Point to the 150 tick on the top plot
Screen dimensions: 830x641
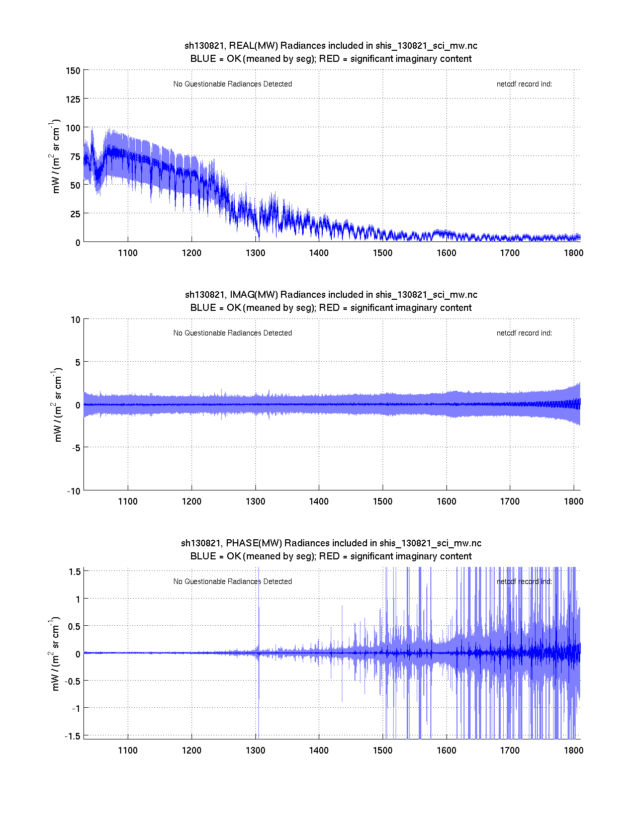(x=73, y=71)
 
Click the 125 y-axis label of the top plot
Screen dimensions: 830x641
(x=73, y=99)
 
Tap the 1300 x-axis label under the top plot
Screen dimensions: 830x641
(x=255, y=253)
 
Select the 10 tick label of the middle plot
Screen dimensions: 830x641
(x=75, y=320)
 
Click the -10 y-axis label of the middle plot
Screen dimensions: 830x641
(x=73, y=491)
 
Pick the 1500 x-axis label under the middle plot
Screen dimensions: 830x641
(x=383, y=502)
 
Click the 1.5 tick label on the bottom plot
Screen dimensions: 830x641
(x=75, y=571)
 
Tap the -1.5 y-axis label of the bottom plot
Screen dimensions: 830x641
(x=73, y=736)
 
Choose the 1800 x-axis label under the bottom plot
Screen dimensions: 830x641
(x=574, y=751)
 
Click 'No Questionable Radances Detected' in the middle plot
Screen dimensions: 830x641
(x=232, y=333)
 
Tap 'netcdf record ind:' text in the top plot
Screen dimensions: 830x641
(x=524, y=85)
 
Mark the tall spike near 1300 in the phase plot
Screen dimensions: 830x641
(x=258, y=614)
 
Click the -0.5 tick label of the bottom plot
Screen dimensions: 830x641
(x=73, y=681)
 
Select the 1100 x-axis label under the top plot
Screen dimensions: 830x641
(x=128, y=253)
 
